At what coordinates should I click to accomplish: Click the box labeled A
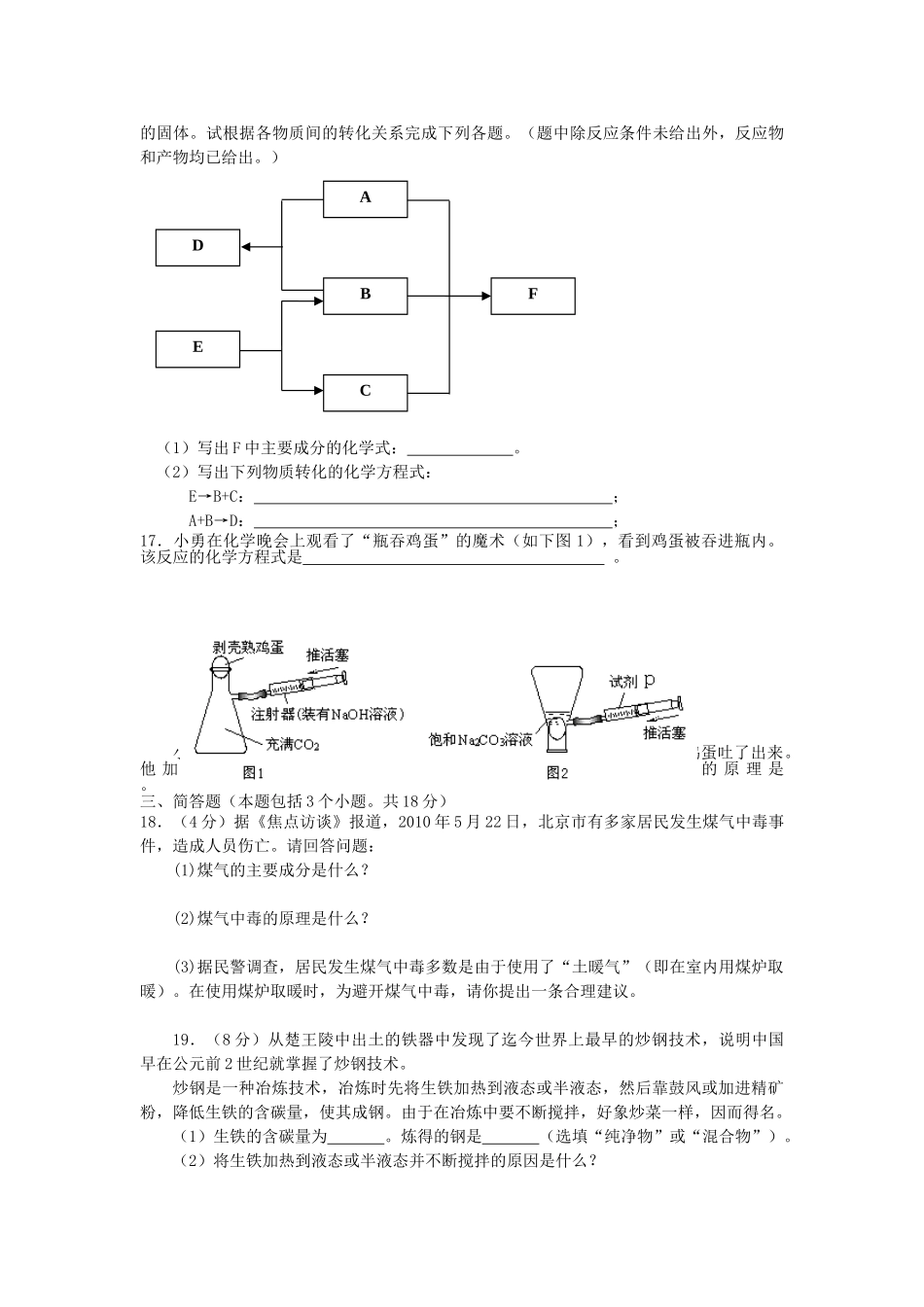click(x=366, y=197)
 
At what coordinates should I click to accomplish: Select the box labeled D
click(x=197, y=247)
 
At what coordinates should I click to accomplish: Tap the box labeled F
click(x=533, y=295)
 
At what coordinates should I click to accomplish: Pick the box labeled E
click(x=197, y=348)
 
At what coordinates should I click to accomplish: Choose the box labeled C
click(x=366, y=391)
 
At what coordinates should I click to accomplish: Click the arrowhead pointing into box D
click(x=246, y=247)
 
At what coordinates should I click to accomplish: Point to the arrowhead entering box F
click(x=485, y=295)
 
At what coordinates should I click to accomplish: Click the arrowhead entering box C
click(x=318, y=391)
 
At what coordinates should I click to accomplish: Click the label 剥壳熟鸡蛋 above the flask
click(x=249, y=647)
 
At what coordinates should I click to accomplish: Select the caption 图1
click(x=254, y=772)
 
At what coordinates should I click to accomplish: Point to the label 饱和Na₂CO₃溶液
click(x=480, y=740)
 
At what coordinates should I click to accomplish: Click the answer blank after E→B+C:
click(x=433, y=499)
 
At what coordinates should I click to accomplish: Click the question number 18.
click(x=152, y=822)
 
